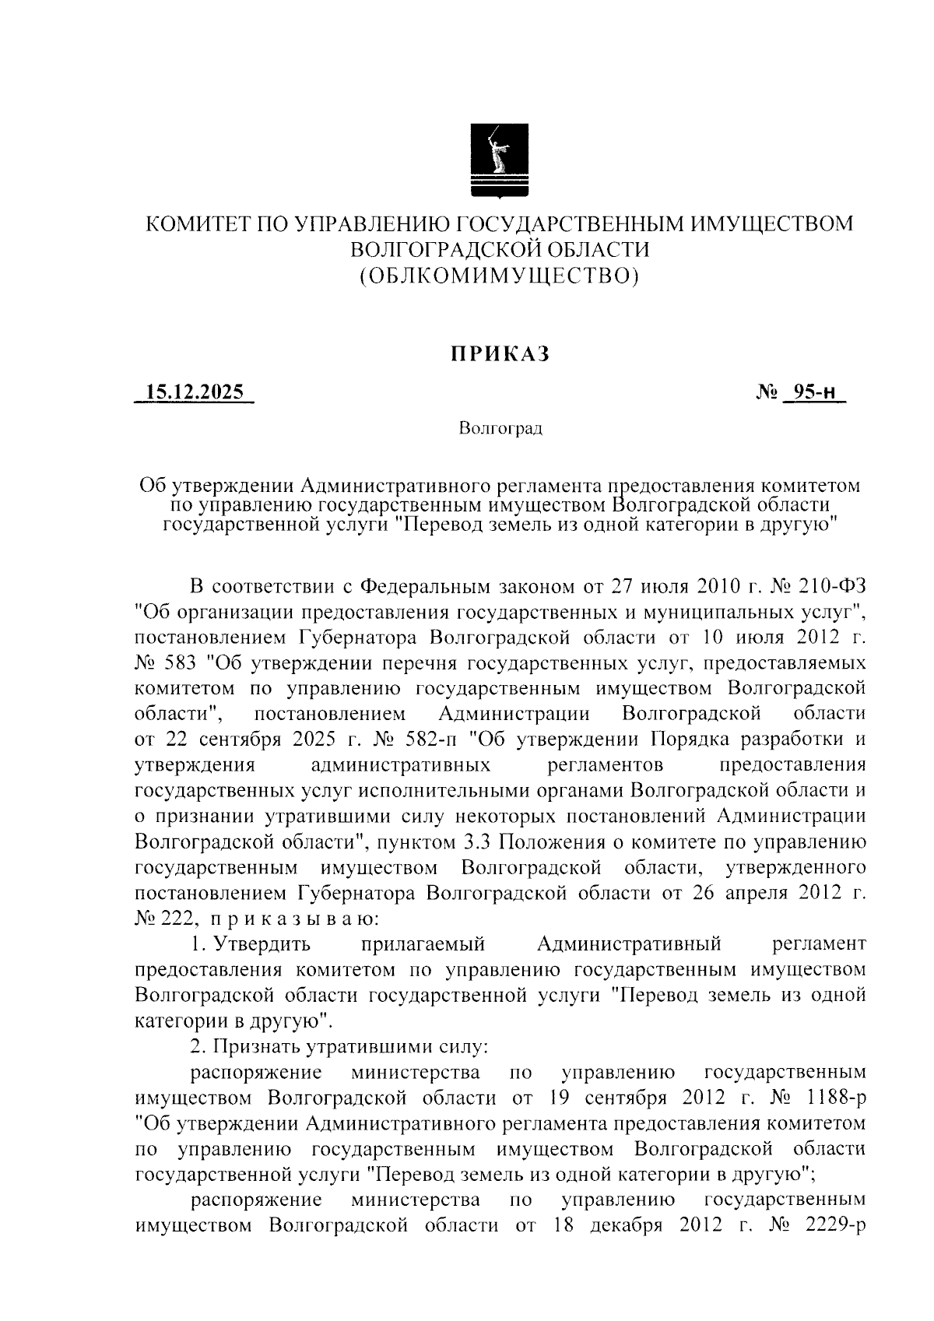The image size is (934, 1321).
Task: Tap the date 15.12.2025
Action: (x=195, y=392)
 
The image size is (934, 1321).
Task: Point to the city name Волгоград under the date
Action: (x=500, y=428)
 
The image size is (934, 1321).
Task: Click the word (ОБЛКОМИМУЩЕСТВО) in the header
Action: (x=500, y=275)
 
